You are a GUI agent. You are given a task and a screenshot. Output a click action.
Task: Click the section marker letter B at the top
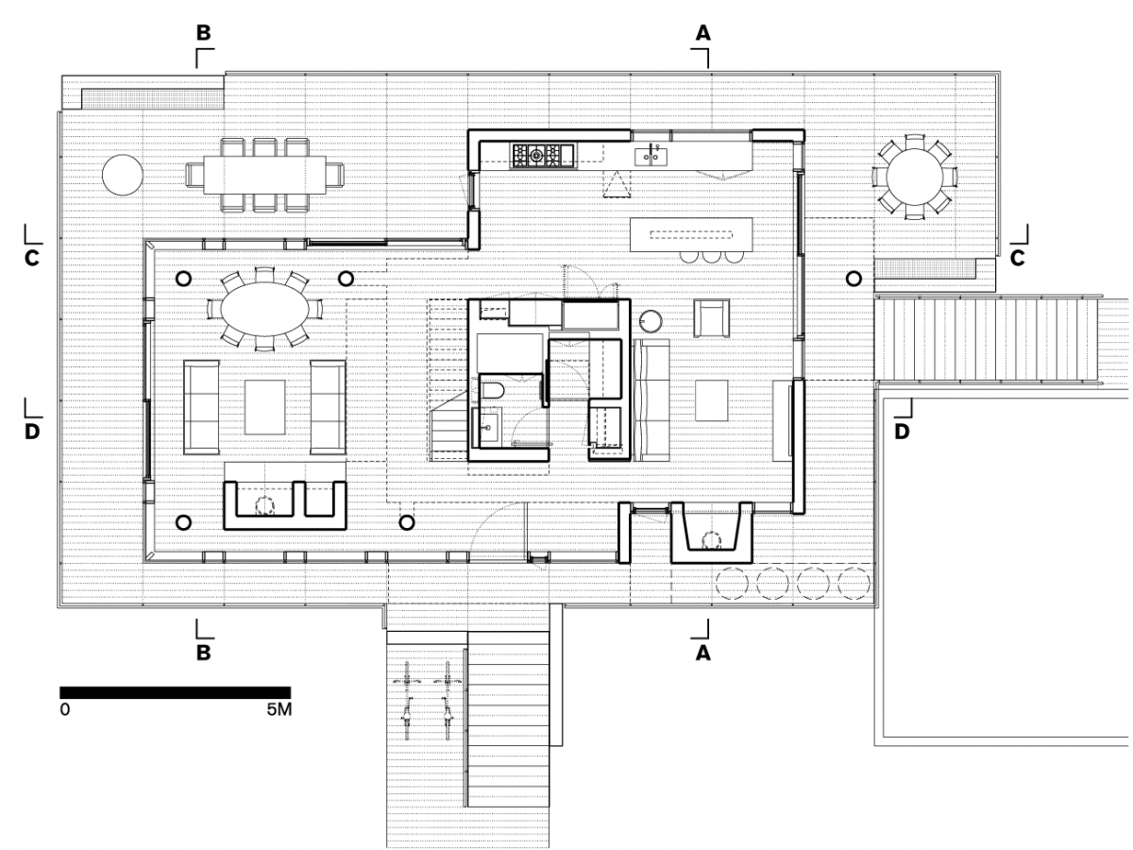pyautogui.click(x=203, y=33)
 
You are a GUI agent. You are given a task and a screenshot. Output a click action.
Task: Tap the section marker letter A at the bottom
pyautogui.click(x=703, y=654)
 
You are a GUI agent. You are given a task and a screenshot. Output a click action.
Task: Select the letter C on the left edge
pyautogui.click(x=32, y=258)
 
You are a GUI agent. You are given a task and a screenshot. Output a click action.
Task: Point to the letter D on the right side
pyautogui.click(x=902, y=432)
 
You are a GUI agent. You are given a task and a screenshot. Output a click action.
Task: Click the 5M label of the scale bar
pyautogui.click(x=279, y=709)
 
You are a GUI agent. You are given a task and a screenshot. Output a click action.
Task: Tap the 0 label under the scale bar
pyautogui.click(x=64, y=709)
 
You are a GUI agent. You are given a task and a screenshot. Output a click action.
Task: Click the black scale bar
pyautogui.click(x=176, y=692)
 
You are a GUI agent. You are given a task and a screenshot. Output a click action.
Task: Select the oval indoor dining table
pyautogui.click(x=264, y=309)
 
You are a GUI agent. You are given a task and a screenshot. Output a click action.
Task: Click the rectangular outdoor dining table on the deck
pyautogui.click(x=264, y=175)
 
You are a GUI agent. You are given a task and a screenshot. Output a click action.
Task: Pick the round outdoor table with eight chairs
pyautogui.click(x=914, y=177)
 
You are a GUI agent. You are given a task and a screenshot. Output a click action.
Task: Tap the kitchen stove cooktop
pyautogui.click(x=542, y=155)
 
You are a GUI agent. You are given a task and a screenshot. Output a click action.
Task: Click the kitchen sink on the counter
pyautogui.click(x=651, y=156)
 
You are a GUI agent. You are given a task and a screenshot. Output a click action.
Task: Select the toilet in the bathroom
pyautogui.click(x=492, y=391)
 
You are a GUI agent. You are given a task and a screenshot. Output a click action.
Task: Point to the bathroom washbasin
pyautogui.click(x=487, y=427)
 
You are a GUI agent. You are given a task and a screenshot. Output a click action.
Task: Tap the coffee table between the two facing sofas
pyautogui.click(x=264, y=407)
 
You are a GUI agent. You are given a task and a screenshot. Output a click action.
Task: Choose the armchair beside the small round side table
pyautogui.click(x=712, y=319)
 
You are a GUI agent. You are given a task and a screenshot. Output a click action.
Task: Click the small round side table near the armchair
pyautogui.click(x=651, y=321)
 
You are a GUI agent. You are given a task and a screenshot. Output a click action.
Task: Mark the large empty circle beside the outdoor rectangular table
pyautogui.click(x=123, y=175)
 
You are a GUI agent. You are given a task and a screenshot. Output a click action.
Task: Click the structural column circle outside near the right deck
pyautogui.click(x=854, y=280)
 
